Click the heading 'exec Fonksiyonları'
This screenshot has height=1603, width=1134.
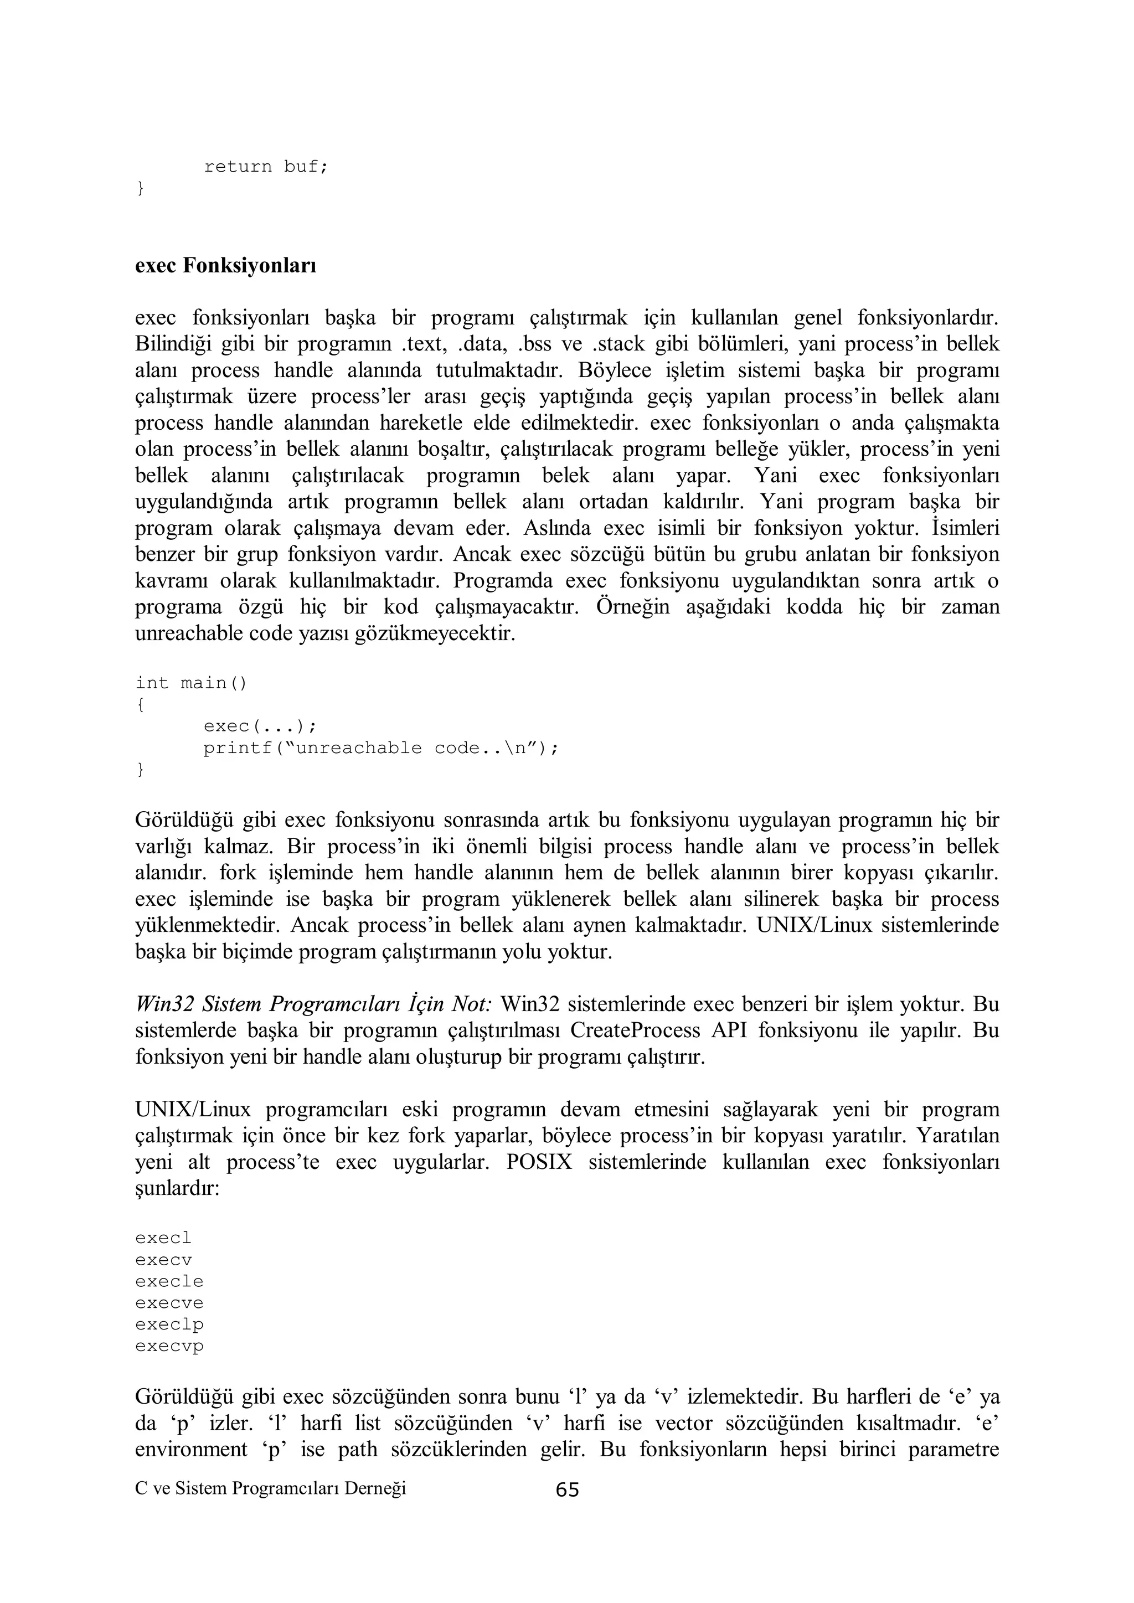(x=225, y=266)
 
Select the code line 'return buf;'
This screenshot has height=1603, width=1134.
(x=265, y=167)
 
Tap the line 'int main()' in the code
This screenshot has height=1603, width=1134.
(x=190, y=683)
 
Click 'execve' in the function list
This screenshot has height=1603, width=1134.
(x=169, y=1303)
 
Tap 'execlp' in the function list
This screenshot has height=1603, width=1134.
(x=169, y=1324)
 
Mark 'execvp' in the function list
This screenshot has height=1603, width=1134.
(x=169, y=1346)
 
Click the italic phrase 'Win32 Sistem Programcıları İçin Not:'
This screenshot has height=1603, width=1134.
(x=314, y=1004)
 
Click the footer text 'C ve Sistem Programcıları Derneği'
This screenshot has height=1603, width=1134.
(x=270, y=1488)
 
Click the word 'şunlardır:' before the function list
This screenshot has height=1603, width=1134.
(x=177, y=1188)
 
